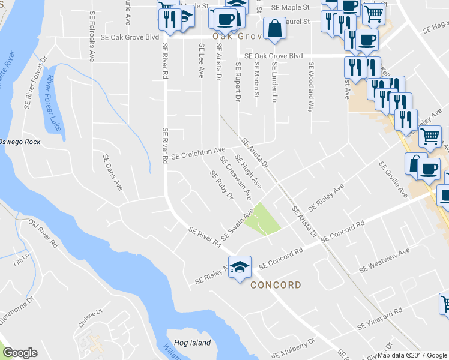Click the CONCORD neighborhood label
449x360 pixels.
click(276, 284)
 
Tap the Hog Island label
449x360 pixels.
click(193, 343)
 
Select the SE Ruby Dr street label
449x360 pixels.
click(221, 185)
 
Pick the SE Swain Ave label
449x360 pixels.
click(238, 224)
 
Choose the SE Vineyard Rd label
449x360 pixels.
click(379, 320)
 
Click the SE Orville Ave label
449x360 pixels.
click(393, 179)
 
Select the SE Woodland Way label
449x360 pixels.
click(311, 88)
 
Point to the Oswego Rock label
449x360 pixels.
click(20, 142)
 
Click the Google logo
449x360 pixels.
click(20, 352)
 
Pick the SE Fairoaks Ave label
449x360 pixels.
click(92, 36)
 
